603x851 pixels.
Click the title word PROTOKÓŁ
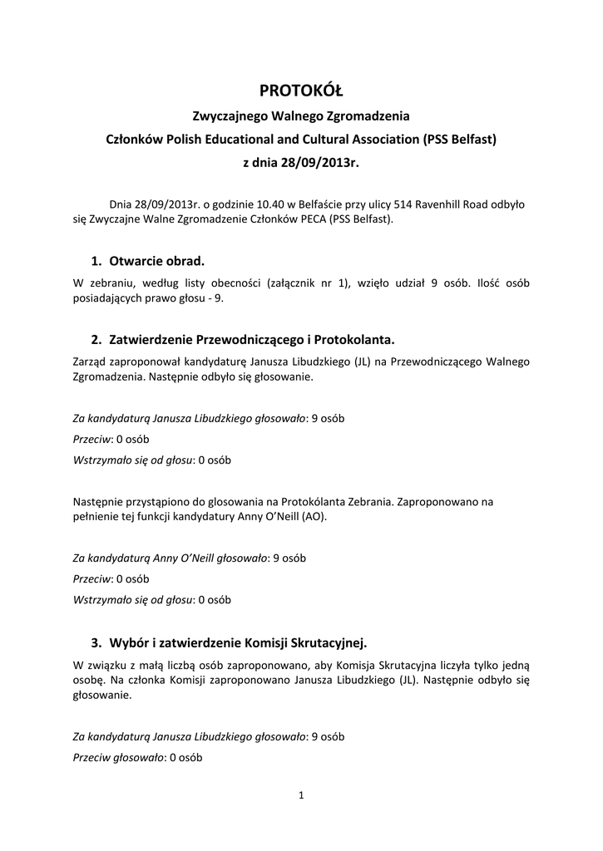pyautogui.click(x=301, y=90)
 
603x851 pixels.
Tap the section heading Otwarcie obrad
pyautogui.click(x=156, y=260)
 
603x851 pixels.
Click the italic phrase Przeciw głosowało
pyautogui.click(x=118, y=758)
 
